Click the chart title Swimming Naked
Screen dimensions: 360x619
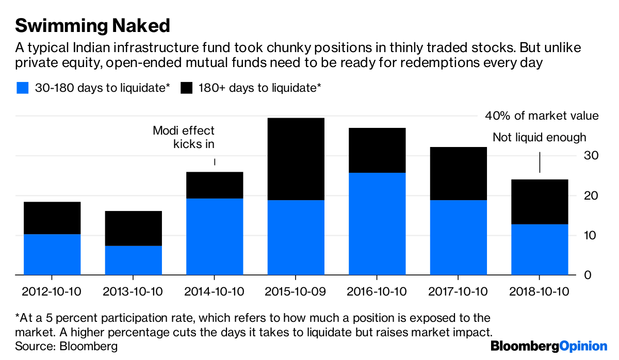[x=92, y=25]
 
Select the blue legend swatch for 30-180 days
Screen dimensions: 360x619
[x=22, y=88]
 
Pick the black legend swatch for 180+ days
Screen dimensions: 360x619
[x=186, y=88]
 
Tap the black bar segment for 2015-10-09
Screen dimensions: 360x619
[x=296, y=159]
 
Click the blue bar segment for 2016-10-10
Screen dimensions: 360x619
[x=377, y=224]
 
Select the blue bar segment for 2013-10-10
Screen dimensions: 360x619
[x=133, y=260]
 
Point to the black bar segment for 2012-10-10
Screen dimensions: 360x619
[x=52, y=218]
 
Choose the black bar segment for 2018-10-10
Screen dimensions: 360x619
[x=539, y=202]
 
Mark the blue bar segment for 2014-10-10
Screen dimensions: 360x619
[x=215, y=236]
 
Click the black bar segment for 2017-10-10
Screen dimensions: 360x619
[x=458, y=173]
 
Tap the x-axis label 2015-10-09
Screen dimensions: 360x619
[x=296, y=291]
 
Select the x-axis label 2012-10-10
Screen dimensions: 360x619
[x=52, y=291]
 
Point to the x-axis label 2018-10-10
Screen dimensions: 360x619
[x=539, y=291]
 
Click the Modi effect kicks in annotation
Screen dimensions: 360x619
[x=184, y=137]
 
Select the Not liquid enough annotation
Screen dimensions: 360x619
[x=539, y=137]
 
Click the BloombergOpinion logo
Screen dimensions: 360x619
[x=549, y=346]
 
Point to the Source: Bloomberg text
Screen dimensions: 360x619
[x=67, y=346]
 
